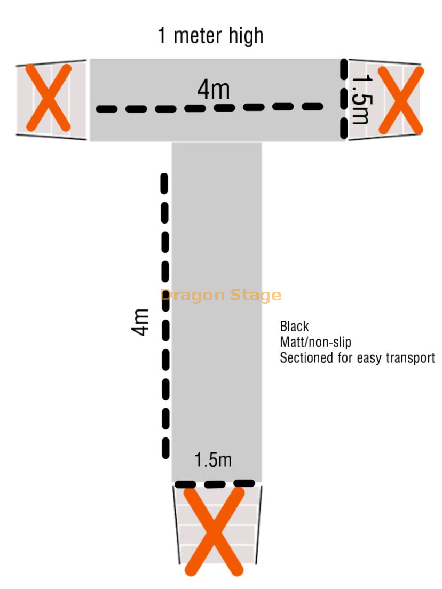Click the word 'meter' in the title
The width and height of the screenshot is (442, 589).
pyautogui.click(x=198, y=36)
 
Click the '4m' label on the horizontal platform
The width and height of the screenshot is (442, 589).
pyautogui.click(x=214, y=90)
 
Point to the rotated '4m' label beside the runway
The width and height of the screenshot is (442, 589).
pyautogui.click(x=140, y=322)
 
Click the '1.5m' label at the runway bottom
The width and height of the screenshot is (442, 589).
pyautogui.click(x=213, y=460)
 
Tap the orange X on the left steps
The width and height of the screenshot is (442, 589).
pyautogui.click(x=49, y=98)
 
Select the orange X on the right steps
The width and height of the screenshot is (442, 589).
pyautogui.click(x=401, y=100)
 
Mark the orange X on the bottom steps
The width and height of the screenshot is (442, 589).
pyautogui.click(x=214, y=531)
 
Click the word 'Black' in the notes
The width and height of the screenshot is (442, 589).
pyautogui.click(x=294, y=326)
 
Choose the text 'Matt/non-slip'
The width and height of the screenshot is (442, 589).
pyautogui.click(x=315, y=342)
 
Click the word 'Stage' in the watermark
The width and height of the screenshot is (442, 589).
pyautogui.click(x=256, y=296)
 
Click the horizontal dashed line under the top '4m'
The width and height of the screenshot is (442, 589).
pyautogui.click(x=210, y=108)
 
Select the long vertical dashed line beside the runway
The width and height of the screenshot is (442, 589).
pyautogui.click(x=165, y=316)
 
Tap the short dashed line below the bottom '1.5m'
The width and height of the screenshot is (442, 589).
pyautogui.click(x=215, y=484)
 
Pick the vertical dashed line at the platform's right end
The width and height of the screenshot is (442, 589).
pyautogui.click(x=344, y=99)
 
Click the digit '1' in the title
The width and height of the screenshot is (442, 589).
pyautogui.click(x=162, y=36)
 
